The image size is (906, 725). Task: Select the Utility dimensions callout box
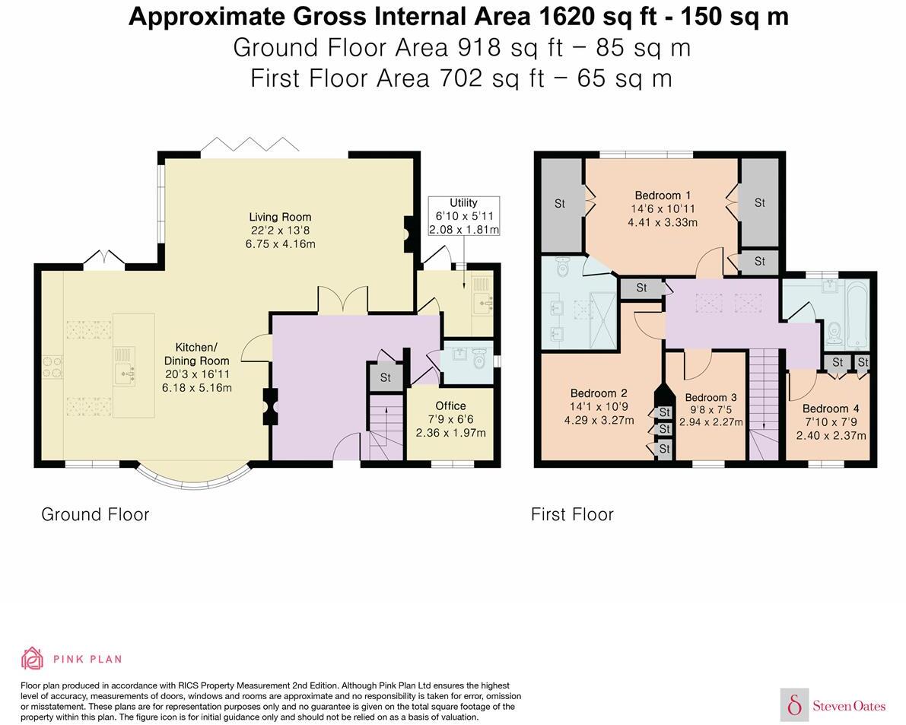coord(463,216)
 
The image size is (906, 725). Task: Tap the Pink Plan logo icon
coord(33,658)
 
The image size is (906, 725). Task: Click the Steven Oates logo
coord(833,704)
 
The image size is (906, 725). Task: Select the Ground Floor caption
coord(95,514)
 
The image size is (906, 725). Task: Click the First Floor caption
coord(572,514)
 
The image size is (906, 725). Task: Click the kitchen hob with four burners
coord(52,367)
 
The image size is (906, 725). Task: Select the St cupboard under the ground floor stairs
coord(386,377)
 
